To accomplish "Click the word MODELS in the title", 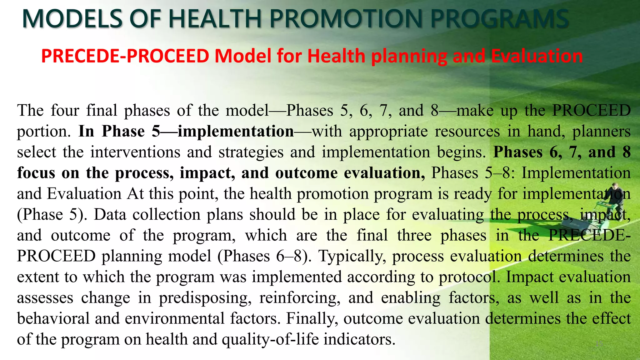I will pos(72,19).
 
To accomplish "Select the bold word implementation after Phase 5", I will pos(236,131).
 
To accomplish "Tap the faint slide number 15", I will pos(599,344).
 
